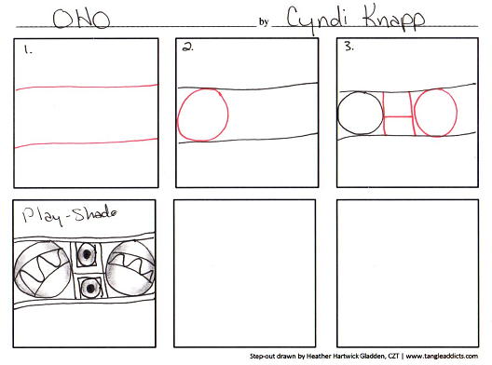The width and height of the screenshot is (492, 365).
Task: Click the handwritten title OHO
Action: click(x=81, y=19)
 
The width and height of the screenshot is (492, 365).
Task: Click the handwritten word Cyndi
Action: click(x=317, y=20)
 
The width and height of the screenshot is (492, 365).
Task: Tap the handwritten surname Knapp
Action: click(x=394, y=19)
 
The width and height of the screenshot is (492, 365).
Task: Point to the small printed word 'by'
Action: click(x=264, y=21)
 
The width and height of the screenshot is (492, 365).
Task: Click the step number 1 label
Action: click(x=28, y=49)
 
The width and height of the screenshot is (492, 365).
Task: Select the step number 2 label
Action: click(x=188, y=47)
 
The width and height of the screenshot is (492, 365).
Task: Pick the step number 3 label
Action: click(x=349, y=47)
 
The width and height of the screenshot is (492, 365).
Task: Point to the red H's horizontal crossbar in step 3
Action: click(x=399, y=116)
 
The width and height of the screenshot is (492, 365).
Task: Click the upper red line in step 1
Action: click(x=87, y=87)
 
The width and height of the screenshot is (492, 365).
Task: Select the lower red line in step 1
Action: click(x=87, y=142)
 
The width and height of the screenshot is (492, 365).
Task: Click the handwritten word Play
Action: click(x=42, y=216)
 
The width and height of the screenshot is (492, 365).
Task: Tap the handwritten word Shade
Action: click(x=96, y=213)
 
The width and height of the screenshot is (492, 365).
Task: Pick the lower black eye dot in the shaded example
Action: click(x=90, y=288)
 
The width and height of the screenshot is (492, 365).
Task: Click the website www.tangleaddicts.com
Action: click(x=442, y=356)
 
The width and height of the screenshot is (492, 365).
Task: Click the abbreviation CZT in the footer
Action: click(x=393, y=356)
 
